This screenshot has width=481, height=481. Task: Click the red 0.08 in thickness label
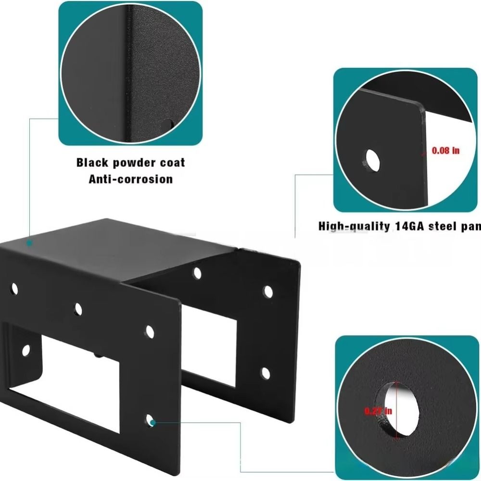(x=445, y=151)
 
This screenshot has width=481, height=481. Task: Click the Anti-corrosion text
(x=130, y=179)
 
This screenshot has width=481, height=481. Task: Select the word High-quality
(x=354, y=226)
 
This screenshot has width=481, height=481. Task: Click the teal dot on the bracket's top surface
(x=29, y=243)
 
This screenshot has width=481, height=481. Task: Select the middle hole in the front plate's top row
(x=78, y=309)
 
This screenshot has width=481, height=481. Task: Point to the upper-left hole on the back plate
(x=197, y=273)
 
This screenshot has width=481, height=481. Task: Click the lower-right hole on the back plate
(x=266, y=372)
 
